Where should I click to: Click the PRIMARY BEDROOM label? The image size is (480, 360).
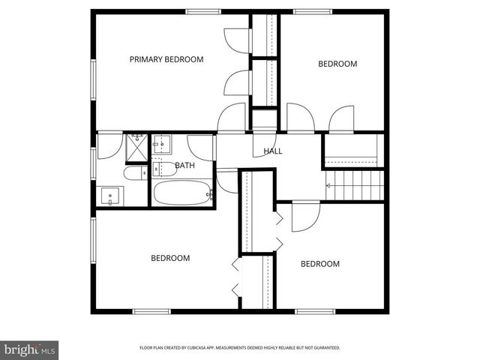coord(166,59)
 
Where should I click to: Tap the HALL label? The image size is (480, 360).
coord(273,151)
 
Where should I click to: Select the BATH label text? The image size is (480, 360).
coord(184,166)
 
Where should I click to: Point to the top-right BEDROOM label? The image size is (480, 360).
coord(337,64)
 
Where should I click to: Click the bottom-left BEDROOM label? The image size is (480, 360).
coord(170,258)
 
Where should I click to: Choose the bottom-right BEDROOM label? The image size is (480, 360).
coord(320,264)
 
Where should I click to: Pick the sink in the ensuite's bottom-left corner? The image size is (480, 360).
coord(111,196)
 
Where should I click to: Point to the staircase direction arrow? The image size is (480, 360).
coord(328,184)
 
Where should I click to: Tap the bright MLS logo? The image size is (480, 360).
coord(30,349)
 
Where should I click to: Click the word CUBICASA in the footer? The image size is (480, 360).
coord(217,348)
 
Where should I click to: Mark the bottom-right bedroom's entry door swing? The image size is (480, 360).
coord(305,215)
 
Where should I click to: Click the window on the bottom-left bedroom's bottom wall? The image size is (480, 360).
coord(152,310)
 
